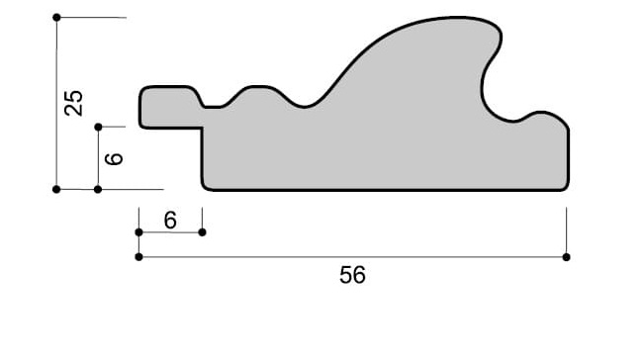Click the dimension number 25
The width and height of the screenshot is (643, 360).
pos(74,103)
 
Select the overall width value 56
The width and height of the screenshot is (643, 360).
pos(352,275)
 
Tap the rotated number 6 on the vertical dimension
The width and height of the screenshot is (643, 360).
pos(114,158)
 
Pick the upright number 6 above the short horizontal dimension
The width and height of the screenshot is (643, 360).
pos(170,221)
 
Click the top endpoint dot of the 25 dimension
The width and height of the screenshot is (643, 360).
pos(56,17)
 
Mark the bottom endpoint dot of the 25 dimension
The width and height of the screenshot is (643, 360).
pos(56,189)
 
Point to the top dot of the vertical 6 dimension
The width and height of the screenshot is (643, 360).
pos(98,128)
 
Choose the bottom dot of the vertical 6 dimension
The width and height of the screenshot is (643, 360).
pos(98,189)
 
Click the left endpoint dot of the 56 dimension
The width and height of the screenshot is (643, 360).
pos(138,257)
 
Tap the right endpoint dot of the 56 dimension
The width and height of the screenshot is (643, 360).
pos(566,257)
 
